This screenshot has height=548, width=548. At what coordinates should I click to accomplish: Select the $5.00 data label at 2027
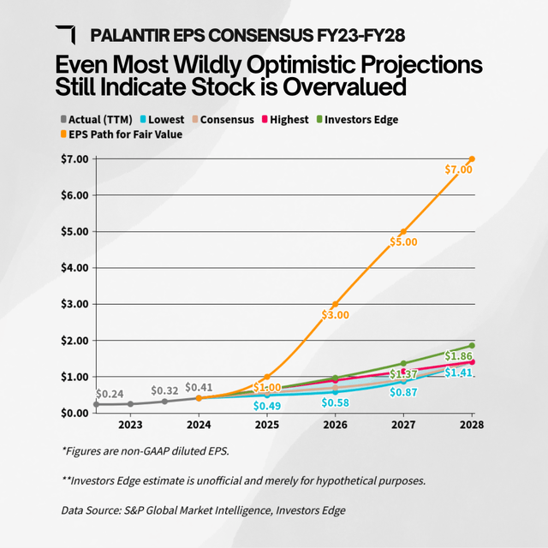(404, 242)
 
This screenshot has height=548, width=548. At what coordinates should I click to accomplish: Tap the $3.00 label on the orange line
(336, 314)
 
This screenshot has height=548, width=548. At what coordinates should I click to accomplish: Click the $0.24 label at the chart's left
(110, 394)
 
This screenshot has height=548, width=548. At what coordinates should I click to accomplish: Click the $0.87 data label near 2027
(404, 392)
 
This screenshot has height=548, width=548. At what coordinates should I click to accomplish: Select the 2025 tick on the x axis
(267, 425)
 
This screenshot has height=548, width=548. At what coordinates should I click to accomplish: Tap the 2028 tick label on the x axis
(471, 425)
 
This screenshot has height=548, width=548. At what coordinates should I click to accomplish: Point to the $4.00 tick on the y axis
(73, 267)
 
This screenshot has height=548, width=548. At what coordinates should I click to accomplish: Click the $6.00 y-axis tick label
(73, 195)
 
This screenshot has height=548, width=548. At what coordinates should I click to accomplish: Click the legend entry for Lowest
(163, 119)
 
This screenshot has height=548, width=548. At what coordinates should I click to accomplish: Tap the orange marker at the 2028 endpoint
(472, 159)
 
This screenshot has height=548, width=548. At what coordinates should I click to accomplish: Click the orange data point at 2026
(336, 305)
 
